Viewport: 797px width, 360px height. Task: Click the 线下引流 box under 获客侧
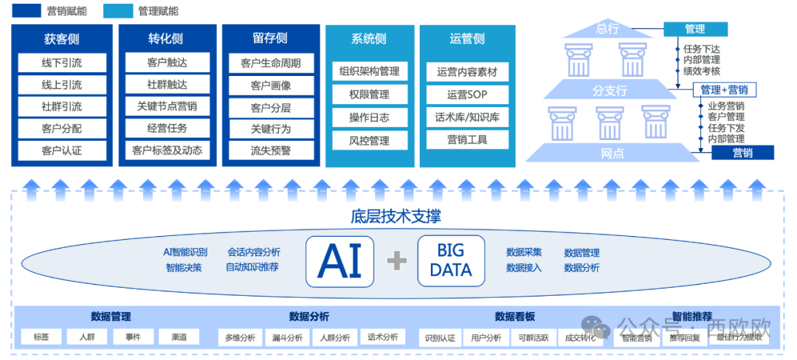(62, 63)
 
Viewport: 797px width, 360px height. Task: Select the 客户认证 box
(62, 150)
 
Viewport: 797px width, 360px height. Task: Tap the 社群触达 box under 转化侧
(168, 84)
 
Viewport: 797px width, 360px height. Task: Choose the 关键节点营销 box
(168, 106)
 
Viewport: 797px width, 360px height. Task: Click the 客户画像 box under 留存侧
(271, 85)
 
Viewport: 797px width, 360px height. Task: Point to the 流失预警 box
(271, 150)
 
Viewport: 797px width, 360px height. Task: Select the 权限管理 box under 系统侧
(370, 94)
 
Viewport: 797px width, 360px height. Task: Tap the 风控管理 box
(370, 139)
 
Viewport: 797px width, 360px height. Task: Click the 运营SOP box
(467, 94)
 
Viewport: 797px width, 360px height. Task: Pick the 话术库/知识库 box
(467, 117)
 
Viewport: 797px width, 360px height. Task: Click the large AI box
(340, 260)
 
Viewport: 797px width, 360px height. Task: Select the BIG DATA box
(451, 260)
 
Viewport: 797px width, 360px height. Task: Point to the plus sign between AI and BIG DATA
(397, 260)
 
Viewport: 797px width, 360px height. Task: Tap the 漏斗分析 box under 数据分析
(286, 337)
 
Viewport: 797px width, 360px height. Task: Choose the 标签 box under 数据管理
(41, 337)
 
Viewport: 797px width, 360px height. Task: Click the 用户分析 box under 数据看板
(486, 337)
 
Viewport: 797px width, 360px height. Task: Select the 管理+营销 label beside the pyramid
(724, 89)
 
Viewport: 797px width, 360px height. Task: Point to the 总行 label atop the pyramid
(610, 29)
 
